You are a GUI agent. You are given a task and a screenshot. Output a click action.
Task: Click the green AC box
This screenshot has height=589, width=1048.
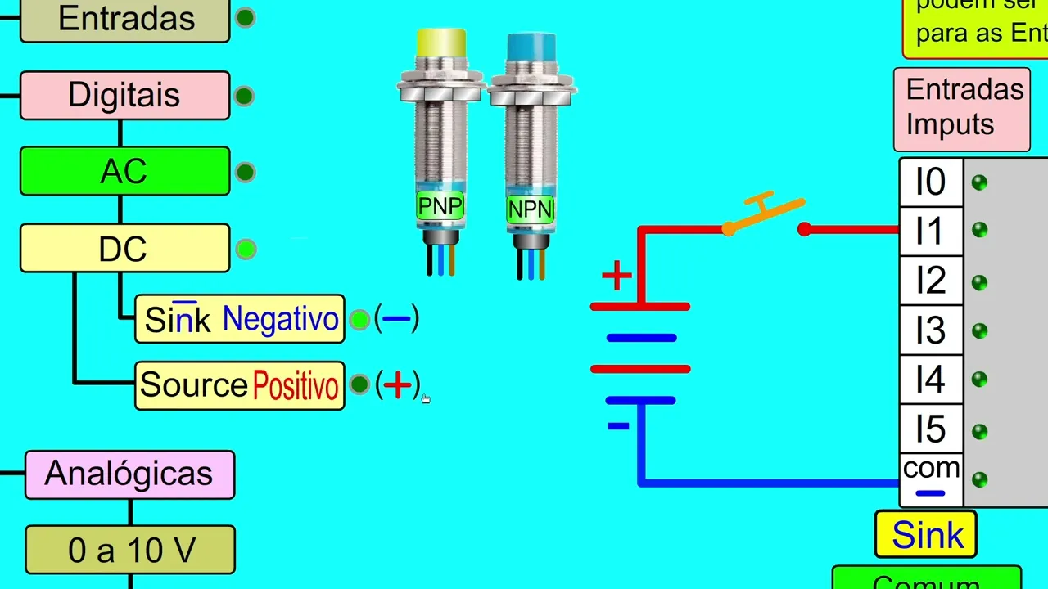click(124, 171)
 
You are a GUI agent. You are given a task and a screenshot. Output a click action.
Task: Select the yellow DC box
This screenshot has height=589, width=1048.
click(124, 248)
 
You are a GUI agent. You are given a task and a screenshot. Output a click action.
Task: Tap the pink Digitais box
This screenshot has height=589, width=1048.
click(124, 95)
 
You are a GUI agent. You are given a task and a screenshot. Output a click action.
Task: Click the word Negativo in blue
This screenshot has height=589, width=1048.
click(280, 319)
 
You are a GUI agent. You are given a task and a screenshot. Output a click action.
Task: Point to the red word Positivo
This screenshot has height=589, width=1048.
click(296, 385)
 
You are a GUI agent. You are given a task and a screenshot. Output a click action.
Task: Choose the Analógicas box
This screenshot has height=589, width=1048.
click(129, 474)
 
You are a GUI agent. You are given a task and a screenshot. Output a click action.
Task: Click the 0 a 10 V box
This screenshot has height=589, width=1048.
click(131, 550)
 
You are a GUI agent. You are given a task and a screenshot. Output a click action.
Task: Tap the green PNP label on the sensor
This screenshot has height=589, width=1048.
click(440, 206)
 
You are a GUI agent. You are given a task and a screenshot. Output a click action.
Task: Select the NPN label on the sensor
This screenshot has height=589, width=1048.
click(530, 209)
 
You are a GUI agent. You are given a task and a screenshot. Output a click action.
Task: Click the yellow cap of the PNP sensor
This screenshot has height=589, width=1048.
click(440, 43)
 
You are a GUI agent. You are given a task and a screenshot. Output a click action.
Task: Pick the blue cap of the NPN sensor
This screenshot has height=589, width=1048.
click(531, 47)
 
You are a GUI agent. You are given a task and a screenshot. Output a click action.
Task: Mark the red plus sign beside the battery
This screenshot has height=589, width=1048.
click(617, 276)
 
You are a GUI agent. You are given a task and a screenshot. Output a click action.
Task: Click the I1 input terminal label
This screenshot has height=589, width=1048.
click(930, 232)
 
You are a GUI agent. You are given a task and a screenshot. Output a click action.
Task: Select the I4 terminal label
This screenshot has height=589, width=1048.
click(930, 380)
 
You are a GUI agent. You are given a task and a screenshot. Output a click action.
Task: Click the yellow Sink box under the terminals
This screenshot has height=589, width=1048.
click(926, 535)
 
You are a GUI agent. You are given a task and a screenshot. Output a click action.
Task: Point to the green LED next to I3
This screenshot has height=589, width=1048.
click(979, 331)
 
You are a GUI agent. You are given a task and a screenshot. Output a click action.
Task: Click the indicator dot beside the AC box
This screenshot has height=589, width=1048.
click(245, 172)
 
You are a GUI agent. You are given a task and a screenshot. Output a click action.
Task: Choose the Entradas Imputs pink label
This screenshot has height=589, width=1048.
click(963, 107)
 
